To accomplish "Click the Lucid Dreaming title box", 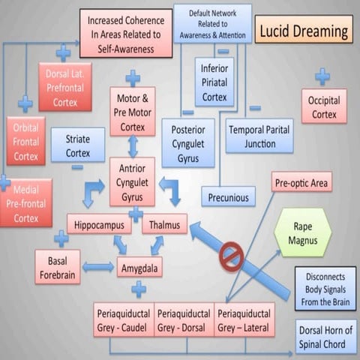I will (x=304, y=31).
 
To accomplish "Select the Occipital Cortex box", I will (x=324, y=106).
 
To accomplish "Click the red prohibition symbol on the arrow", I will (x=231, y=256).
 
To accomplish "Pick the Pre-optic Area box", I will (x=301, y=182).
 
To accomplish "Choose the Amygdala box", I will (x=139, y=266).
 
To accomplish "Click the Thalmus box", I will (x=164, y=223).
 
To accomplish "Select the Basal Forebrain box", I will (x=57, y=267).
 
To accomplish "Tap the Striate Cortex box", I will (x=77, y=145).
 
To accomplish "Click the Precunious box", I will (x=228, y=196).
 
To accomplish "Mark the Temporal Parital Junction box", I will (x=259, y=136).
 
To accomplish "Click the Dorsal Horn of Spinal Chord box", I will (x=325, y=337).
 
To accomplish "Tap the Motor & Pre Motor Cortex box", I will (x=133, y=111).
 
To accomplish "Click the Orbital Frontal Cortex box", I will (x=25, y=140).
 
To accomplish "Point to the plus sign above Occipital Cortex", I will (x=322, y=76).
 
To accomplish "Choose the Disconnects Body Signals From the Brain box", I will (x=325, y=289).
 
